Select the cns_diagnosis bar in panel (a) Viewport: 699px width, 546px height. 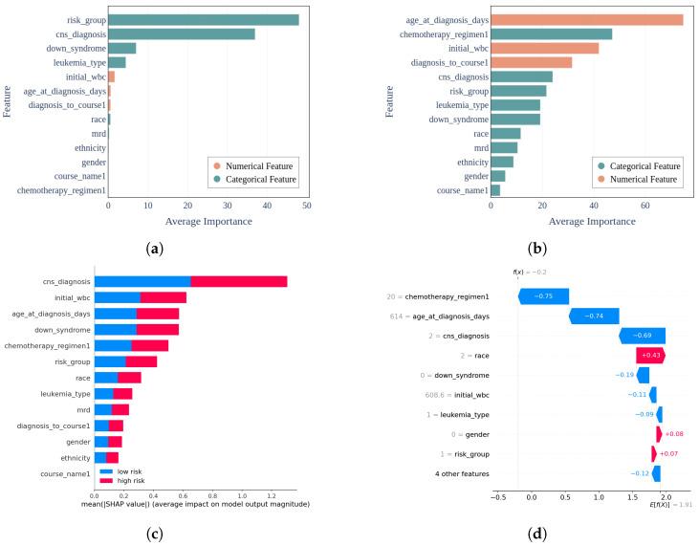182,33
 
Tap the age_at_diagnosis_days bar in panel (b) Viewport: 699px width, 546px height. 587,19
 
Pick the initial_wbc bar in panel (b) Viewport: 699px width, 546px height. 545,48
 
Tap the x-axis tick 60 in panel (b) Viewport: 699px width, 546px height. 645,206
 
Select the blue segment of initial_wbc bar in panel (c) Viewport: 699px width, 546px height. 117,297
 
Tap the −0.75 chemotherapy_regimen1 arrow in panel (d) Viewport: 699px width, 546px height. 543,296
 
